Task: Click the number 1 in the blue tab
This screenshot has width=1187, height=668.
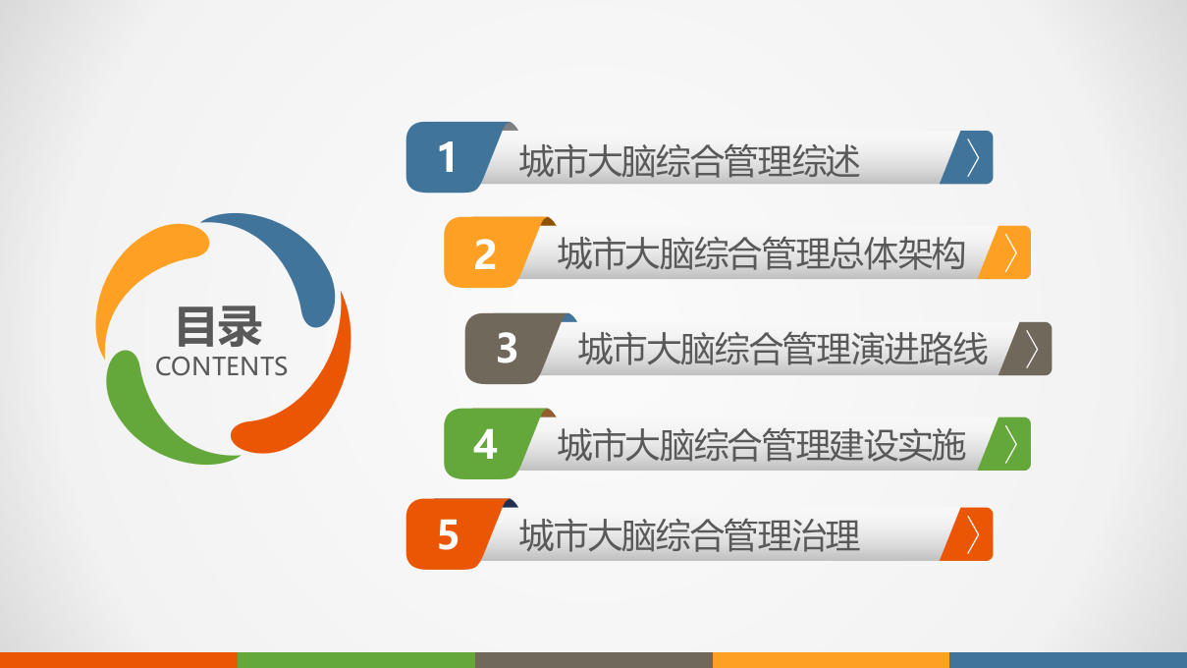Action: point(448,157)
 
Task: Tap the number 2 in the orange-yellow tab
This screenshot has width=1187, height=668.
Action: point(485,253)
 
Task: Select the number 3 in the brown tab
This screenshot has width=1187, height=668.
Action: point(507,348)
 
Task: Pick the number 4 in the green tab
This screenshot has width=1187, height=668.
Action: point(485,444)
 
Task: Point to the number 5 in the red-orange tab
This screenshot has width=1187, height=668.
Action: point(448,535)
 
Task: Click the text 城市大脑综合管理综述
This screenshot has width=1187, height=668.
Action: point(689,160)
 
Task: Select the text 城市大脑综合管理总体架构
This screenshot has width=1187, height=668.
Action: point(761,254)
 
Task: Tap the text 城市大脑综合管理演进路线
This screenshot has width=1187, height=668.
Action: point(782,350)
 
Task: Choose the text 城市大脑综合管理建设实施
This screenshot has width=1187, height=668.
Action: point(761,446)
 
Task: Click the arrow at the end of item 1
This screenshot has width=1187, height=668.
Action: point(972,158)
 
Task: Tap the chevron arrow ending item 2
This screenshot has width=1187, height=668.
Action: point(1010,253)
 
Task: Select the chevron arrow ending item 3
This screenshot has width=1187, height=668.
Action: point(1031,349)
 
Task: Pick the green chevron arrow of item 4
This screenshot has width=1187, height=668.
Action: point(1010,444)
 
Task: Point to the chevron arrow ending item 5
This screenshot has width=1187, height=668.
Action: point(972,534)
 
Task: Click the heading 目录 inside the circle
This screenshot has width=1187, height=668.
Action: point(219,326)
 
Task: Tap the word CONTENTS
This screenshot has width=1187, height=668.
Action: point(221,366)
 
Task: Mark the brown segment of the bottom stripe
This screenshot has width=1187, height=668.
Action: point(593,660)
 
